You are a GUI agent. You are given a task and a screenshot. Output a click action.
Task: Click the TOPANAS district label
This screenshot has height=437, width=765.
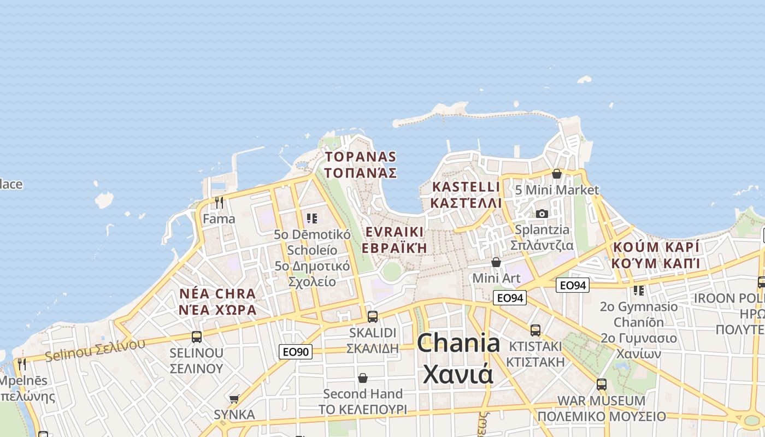361,164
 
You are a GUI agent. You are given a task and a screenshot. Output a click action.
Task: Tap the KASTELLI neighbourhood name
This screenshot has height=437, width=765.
466,194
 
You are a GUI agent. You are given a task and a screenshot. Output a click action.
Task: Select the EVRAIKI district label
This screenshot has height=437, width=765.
394,239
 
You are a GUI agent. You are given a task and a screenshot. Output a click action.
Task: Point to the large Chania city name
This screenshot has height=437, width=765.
458,358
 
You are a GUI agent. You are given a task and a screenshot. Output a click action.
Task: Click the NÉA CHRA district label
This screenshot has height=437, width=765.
217,302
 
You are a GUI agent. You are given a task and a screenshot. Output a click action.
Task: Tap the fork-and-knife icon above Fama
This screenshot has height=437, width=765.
219,203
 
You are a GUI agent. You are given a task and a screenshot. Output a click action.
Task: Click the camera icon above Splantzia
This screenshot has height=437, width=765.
542,214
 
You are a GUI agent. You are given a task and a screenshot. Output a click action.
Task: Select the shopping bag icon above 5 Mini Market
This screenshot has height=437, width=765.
557,174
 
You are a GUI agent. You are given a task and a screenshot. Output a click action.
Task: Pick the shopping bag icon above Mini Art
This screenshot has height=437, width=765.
496,263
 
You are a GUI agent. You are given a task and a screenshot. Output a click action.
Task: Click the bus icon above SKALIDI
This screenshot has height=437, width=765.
373,316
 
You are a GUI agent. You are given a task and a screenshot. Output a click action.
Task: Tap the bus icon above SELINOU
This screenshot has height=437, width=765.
197,336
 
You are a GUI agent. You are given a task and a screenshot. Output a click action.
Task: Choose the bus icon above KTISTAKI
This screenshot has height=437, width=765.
535,330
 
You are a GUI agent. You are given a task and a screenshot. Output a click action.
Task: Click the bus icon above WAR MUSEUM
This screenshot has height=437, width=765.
602,385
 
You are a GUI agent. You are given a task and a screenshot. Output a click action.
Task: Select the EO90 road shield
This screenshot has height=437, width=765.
296,352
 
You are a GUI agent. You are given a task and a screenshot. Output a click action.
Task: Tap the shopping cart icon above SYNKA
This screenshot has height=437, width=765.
234,399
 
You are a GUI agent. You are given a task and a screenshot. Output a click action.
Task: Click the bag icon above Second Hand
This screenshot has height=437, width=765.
363,378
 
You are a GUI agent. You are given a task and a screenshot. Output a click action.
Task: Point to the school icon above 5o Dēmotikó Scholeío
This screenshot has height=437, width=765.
312,219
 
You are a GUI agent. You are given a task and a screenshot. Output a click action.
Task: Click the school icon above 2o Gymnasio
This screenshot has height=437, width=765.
638,290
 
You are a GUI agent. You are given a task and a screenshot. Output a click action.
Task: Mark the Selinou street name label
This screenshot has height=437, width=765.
95,350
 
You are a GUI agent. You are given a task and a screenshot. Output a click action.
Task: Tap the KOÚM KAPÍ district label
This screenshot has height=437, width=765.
656,255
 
